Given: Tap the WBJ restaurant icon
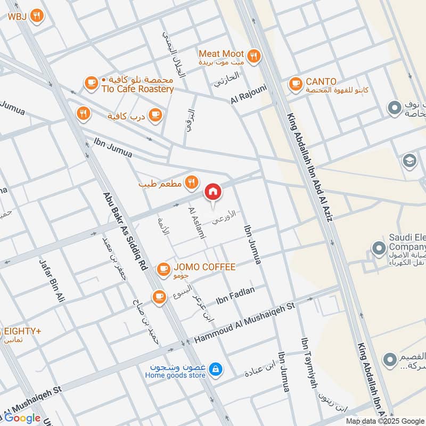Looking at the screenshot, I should (37, 16).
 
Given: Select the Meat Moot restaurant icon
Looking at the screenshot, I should (254, 54).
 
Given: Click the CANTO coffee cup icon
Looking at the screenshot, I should (296, 83).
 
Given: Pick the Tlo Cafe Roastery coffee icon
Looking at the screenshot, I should (92, 83).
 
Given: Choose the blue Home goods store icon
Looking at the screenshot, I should (215, 368).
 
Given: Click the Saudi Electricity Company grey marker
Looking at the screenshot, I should (379, 248).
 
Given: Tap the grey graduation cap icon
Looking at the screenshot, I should (409, 161).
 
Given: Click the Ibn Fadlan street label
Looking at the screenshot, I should (235, 296).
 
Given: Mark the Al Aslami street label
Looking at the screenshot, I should (195, 223).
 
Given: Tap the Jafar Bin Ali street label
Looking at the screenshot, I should (52, 280).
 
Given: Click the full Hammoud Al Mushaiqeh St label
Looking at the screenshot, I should (244, 322).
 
